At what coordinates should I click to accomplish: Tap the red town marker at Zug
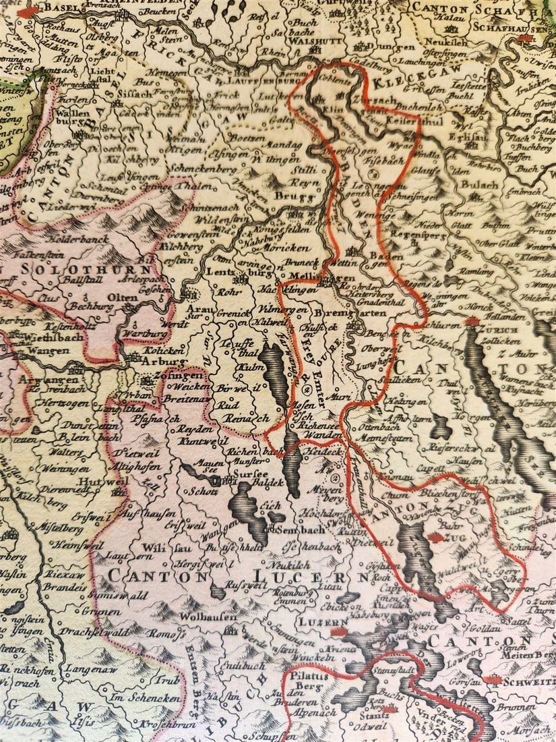coord(436,538)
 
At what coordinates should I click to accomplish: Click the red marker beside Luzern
coord(339,631)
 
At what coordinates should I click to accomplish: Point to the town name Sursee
coord(251,475)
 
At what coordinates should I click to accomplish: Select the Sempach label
coord(297,530)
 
